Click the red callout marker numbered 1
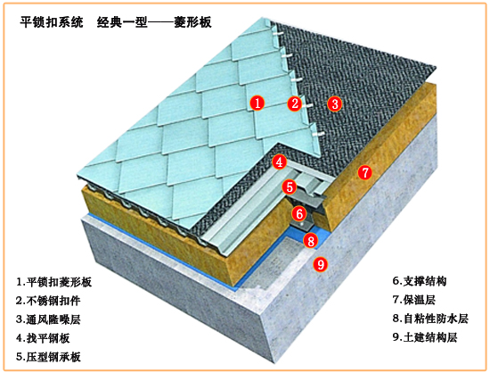(x=257, y=103)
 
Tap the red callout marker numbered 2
(x=295, y=103)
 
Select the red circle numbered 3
(x=335, y=104)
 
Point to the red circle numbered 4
(x=280, y=162)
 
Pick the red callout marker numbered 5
(x=290, y=187)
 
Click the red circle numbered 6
(x=299, y=214)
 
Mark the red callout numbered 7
(x=364, y=172)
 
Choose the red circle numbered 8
(x=311, y=241)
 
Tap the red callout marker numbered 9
(x=321, y=264)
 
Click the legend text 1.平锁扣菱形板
(x=53, y=282)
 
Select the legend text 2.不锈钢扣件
(x=48, y=301)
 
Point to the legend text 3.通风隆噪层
(x=48, y=319)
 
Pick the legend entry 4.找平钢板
(x=43, y=338)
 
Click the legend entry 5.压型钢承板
(x=48, y=357)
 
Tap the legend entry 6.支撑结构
(x=420, y=281)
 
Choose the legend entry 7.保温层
(x=413, y=300)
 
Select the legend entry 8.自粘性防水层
(x=430, y=319)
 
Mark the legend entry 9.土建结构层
(x=425, y=337)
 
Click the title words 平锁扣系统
(x=52, y=22)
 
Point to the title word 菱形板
(x=192, y=22)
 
